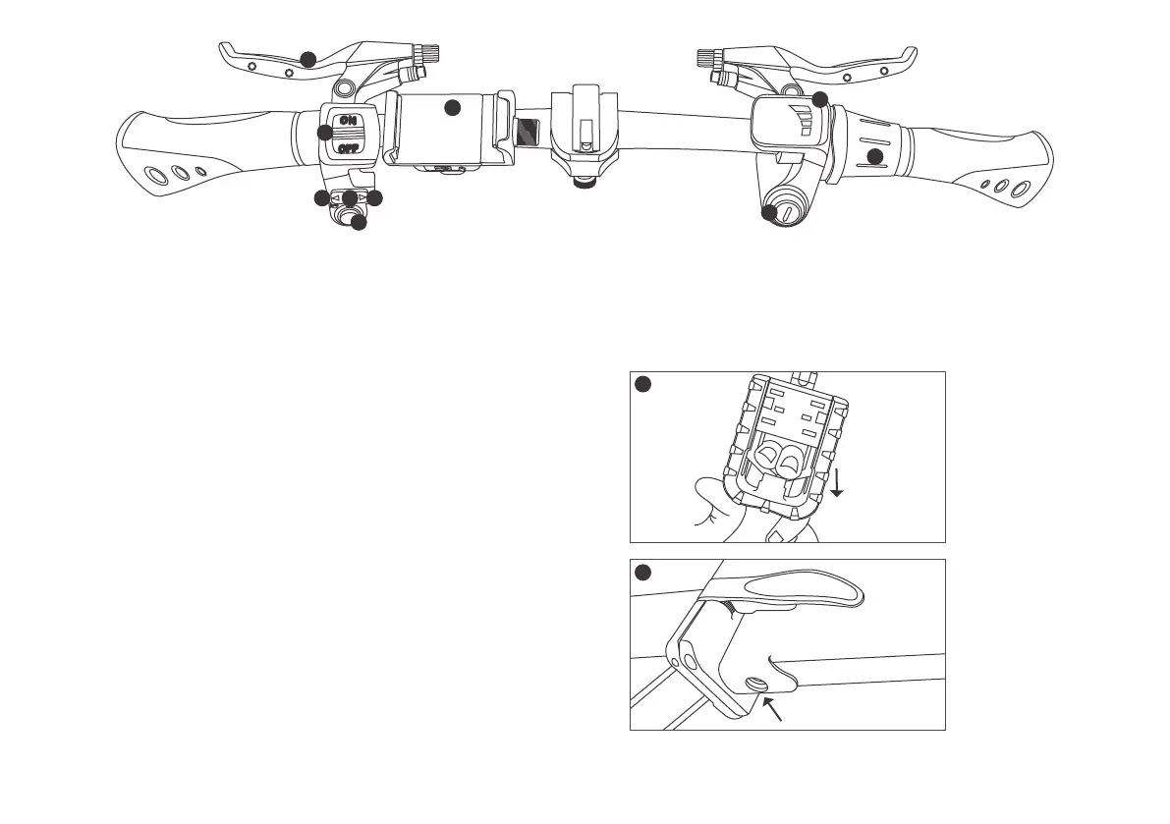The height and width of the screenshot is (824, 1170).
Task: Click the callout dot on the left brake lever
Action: [x=308, y=60]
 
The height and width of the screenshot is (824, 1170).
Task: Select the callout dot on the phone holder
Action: [x=452, y=108]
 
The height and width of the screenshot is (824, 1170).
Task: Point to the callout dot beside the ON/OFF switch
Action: [x=325, y=133]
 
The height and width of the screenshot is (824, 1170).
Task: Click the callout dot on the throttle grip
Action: [x=875, y=156]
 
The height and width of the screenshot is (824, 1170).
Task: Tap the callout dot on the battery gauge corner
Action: [x=819, y=99]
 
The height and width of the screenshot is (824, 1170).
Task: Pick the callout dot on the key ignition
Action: [x=769, y=212]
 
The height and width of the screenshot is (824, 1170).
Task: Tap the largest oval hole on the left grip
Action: [x=155, y=177]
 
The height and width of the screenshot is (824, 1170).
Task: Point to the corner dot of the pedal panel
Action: [x=642, y=385]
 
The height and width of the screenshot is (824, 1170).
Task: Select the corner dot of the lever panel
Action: [x=642, y=573]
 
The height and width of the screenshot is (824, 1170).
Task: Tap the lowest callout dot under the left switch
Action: [x=359, y=223]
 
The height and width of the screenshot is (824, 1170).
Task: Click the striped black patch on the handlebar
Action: [x=527, y=131]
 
